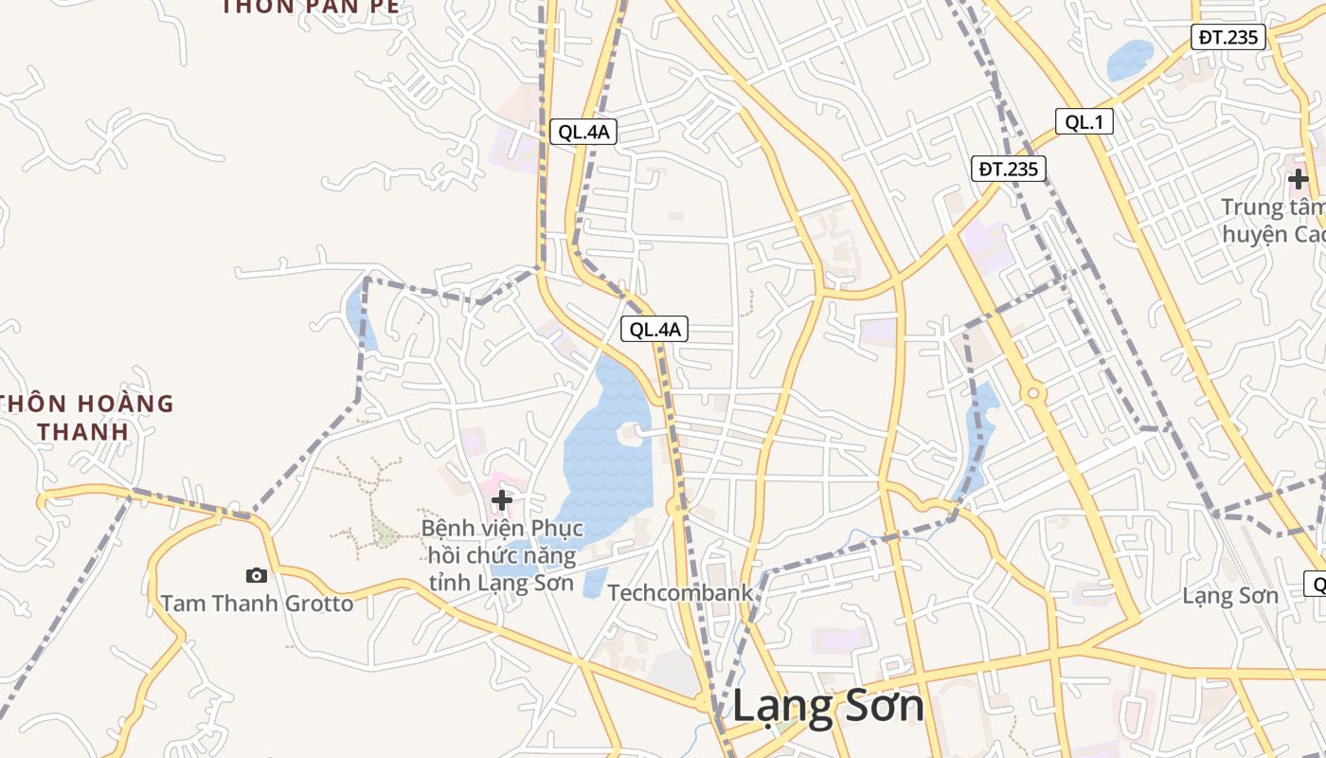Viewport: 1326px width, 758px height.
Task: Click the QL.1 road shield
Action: [1084, 121]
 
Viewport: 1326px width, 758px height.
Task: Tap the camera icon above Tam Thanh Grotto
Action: [256, 575]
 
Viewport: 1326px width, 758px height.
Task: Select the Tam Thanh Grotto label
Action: [257, 604]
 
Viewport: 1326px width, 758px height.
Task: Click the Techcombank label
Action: [680, 593]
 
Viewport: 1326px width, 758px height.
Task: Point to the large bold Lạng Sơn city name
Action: [829, 707]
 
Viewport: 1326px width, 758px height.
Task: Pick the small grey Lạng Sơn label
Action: [1230, 596]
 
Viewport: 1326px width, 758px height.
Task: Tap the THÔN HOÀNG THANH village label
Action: [87, 418]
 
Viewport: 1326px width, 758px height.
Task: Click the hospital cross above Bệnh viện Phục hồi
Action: [502, 500]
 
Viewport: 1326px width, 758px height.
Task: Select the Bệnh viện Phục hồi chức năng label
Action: [502, 555]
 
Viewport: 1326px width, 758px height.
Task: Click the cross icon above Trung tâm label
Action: [1298, 178]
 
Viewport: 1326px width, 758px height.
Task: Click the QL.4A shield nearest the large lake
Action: [654, 330]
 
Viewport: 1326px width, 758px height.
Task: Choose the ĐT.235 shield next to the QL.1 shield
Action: [1009, 170]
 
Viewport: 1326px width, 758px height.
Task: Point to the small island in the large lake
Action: [629, 435]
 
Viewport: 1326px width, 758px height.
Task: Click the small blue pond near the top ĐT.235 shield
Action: [1130, 60]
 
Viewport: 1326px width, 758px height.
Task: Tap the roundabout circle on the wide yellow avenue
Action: [1033, 392]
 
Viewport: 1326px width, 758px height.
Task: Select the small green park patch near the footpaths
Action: [384, 532]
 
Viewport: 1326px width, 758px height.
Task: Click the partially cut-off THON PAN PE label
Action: [311, 7]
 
